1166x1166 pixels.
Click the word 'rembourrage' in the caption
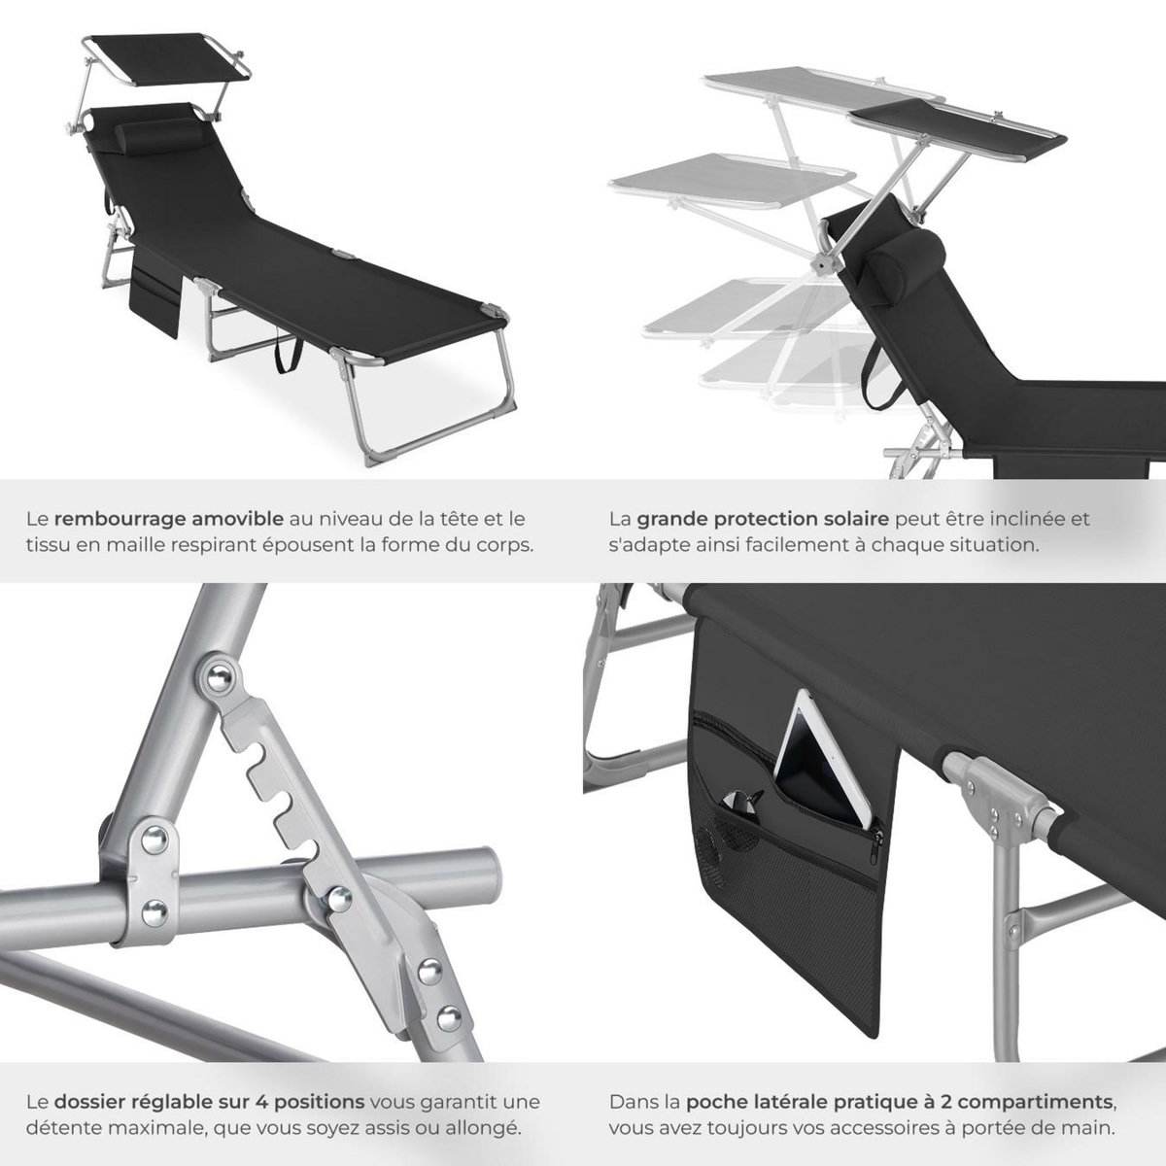(106, 519)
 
